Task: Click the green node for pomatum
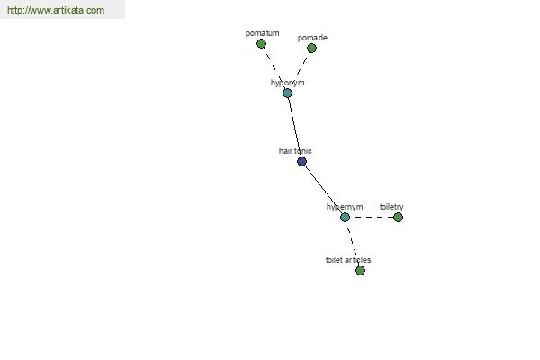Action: pos(261,44)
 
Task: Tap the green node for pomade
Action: pos(311,49)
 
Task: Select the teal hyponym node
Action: pos(288,93)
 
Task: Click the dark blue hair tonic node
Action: pos(301,162)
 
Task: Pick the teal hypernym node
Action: pos(345,218)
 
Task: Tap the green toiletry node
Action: pos(398,218)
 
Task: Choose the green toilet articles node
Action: pos(360,270)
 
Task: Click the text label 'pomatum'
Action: pos(263,33)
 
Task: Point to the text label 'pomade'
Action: pos(312,38)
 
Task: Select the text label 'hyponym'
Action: pos(288,83)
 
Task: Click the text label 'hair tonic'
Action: pos(295,151)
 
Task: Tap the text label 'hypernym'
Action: pos(345,207)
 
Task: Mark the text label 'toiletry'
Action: pos(391,207)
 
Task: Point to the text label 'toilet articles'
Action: pos(348,260)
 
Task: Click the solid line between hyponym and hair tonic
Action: pos(294,127)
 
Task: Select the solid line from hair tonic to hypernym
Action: pos(323,190)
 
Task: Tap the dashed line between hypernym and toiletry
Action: pos(372,218)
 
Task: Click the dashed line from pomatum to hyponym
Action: pos(274,68)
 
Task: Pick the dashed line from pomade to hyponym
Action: pos(300,70)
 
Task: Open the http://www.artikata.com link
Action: pos(56,10)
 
